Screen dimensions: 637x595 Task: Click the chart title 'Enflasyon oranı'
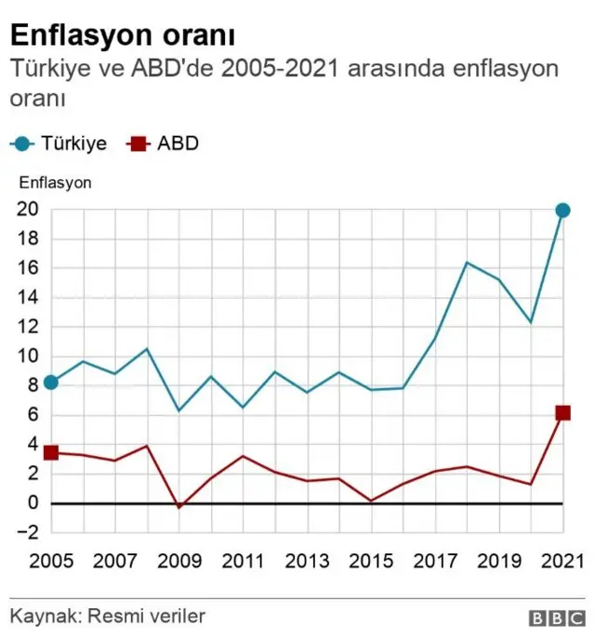coord(122,35)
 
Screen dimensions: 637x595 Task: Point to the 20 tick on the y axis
coord(27,210)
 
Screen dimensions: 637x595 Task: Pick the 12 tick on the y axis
coord(27,327)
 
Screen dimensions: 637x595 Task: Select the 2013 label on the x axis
coord(307,561)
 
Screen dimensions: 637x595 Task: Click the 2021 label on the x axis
coord(562,561)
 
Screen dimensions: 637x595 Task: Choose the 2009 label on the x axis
coord(178,561)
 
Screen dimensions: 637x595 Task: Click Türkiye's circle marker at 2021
coord(562,211)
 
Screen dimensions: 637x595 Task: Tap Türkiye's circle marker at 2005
coord(51,383)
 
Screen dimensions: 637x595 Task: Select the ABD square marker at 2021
coord(562,413)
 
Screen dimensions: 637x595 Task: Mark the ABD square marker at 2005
coord(51,452)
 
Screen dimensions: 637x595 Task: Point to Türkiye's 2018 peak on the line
coord(467,263)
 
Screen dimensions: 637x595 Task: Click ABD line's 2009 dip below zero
coord(178,507)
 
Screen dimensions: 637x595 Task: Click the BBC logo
coord(556,617)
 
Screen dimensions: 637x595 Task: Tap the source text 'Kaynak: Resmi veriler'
coord(108,616)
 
